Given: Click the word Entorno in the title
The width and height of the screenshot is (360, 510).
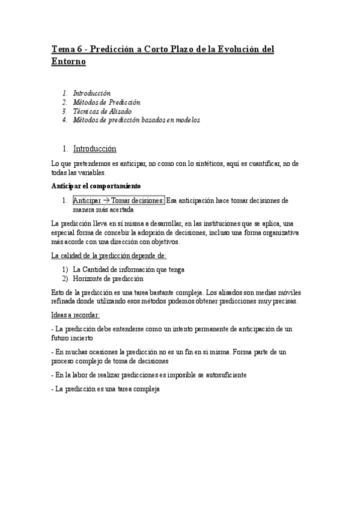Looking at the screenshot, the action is point(69,61).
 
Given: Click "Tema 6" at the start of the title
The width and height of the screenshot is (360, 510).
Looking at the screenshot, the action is point(66,49).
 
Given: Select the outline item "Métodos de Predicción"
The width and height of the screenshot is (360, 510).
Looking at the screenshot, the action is point(106,102).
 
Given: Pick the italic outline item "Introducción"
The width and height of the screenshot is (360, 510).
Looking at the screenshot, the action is point(91,93).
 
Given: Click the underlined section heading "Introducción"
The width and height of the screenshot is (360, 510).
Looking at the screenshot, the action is point(94,149).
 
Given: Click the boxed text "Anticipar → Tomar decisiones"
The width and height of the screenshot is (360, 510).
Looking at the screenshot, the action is point(118,200).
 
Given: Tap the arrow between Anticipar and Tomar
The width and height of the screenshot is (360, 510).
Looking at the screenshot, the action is point(106,200).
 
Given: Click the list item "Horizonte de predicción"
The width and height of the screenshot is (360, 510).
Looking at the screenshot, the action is point(108,278).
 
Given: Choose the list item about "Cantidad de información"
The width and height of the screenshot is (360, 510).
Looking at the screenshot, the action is point(129,269).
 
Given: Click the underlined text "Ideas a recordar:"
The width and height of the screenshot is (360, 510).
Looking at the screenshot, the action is point(76,315).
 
